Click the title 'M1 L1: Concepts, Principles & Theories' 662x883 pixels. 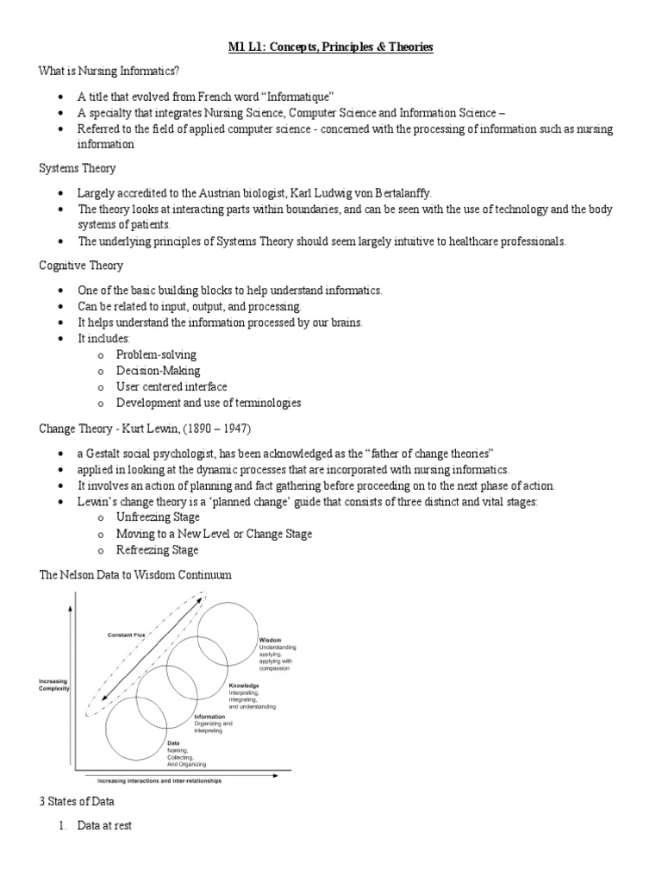point(331,47)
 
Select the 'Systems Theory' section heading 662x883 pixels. point(78,168)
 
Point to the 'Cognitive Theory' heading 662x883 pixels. point(81,266)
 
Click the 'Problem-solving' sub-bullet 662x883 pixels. point(156,354)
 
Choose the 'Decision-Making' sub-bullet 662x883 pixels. point(158,371)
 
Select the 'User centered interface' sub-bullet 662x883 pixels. point(172,387)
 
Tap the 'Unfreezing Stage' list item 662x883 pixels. point(158,517)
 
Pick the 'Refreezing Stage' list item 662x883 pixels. point(157,550)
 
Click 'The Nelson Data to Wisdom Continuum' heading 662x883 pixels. point(135,574)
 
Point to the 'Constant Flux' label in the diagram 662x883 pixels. point(127,636)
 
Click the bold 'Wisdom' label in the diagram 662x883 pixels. point(270,640)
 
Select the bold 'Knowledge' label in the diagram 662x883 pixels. point(244,686)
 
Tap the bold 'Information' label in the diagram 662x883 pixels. point(209,717)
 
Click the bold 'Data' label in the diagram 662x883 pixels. point(173,742)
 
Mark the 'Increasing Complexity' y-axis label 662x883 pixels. point(53,686)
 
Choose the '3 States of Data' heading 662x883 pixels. point(77,802)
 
